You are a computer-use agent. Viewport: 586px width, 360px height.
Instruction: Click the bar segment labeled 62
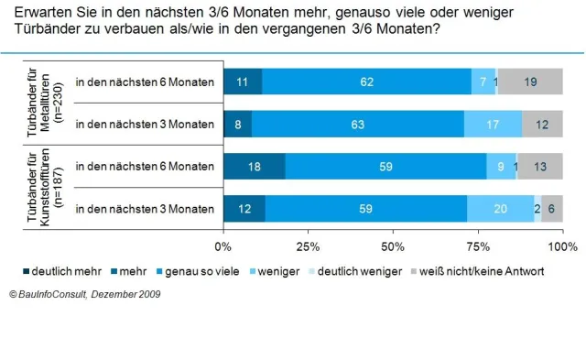click(x=366, y=82)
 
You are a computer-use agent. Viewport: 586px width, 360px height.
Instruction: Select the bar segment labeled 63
click(x=356, y=124)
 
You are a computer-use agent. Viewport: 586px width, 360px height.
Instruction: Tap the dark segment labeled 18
click(x=254, y=167)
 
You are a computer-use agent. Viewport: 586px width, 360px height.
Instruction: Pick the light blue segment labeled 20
click(x=500, y=209)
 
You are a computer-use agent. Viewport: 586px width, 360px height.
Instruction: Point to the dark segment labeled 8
click(x=237, y=124)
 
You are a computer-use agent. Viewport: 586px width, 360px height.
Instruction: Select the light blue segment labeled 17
click(x=493, y=124)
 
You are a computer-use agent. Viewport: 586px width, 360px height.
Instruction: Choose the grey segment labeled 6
click(x=552, y=209)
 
